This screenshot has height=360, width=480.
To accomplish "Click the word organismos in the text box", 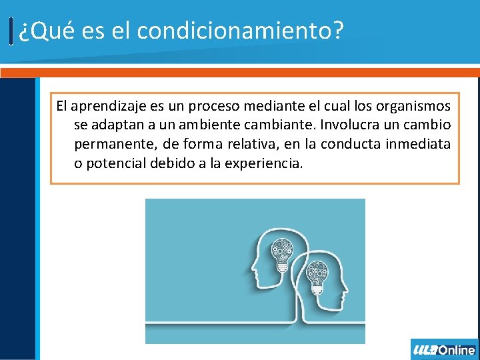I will [x=413, y=106].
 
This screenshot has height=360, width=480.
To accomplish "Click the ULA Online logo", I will [x=444, y=349].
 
